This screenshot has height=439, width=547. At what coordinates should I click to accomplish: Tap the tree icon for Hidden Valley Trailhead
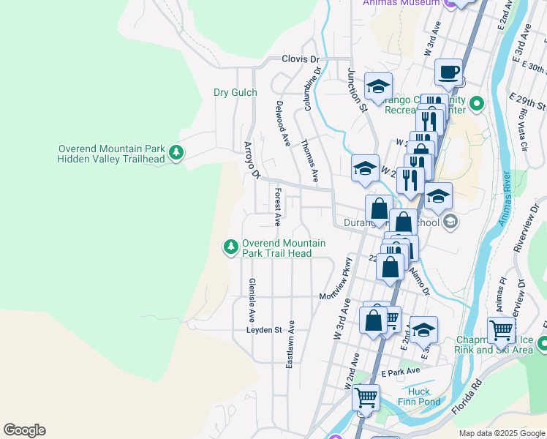[x=176, y=152]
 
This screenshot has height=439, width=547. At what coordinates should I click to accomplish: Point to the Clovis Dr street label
[x=301, y=59]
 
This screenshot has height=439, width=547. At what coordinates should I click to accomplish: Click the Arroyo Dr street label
[x=252, y=160]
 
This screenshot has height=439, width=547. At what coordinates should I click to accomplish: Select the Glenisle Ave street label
[x=252, y=300]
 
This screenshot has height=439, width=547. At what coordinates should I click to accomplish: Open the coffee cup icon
[x=448, y=72]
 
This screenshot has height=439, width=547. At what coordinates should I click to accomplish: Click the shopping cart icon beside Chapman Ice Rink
[x=501, y=329]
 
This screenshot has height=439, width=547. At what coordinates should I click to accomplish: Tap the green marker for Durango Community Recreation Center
[x=477, y=104]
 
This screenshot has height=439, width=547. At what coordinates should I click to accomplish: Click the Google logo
[x=24, y=430]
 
